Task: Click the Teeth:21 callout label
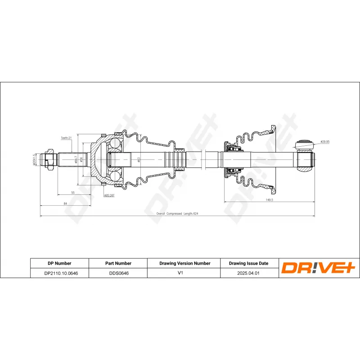coord(66,138)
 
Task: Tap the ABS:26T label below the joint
coord(109,196)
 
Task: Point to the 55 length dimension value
coord(73,192)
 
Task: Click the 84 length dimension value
coord(65,203)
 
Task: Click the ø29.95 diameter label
coord(325,142)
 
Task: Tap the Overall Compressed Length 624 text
coord(177,214)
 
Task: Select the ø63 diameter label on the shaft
coord(139,160)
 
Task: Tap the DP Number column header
coord(59,263)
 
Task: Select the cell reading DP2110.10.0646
coord(59,273)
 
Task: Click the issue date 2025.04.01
coord(248,273)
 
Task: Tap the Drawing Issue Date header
coord(248,263)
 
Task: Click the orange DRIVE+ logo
coord(319,268)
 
